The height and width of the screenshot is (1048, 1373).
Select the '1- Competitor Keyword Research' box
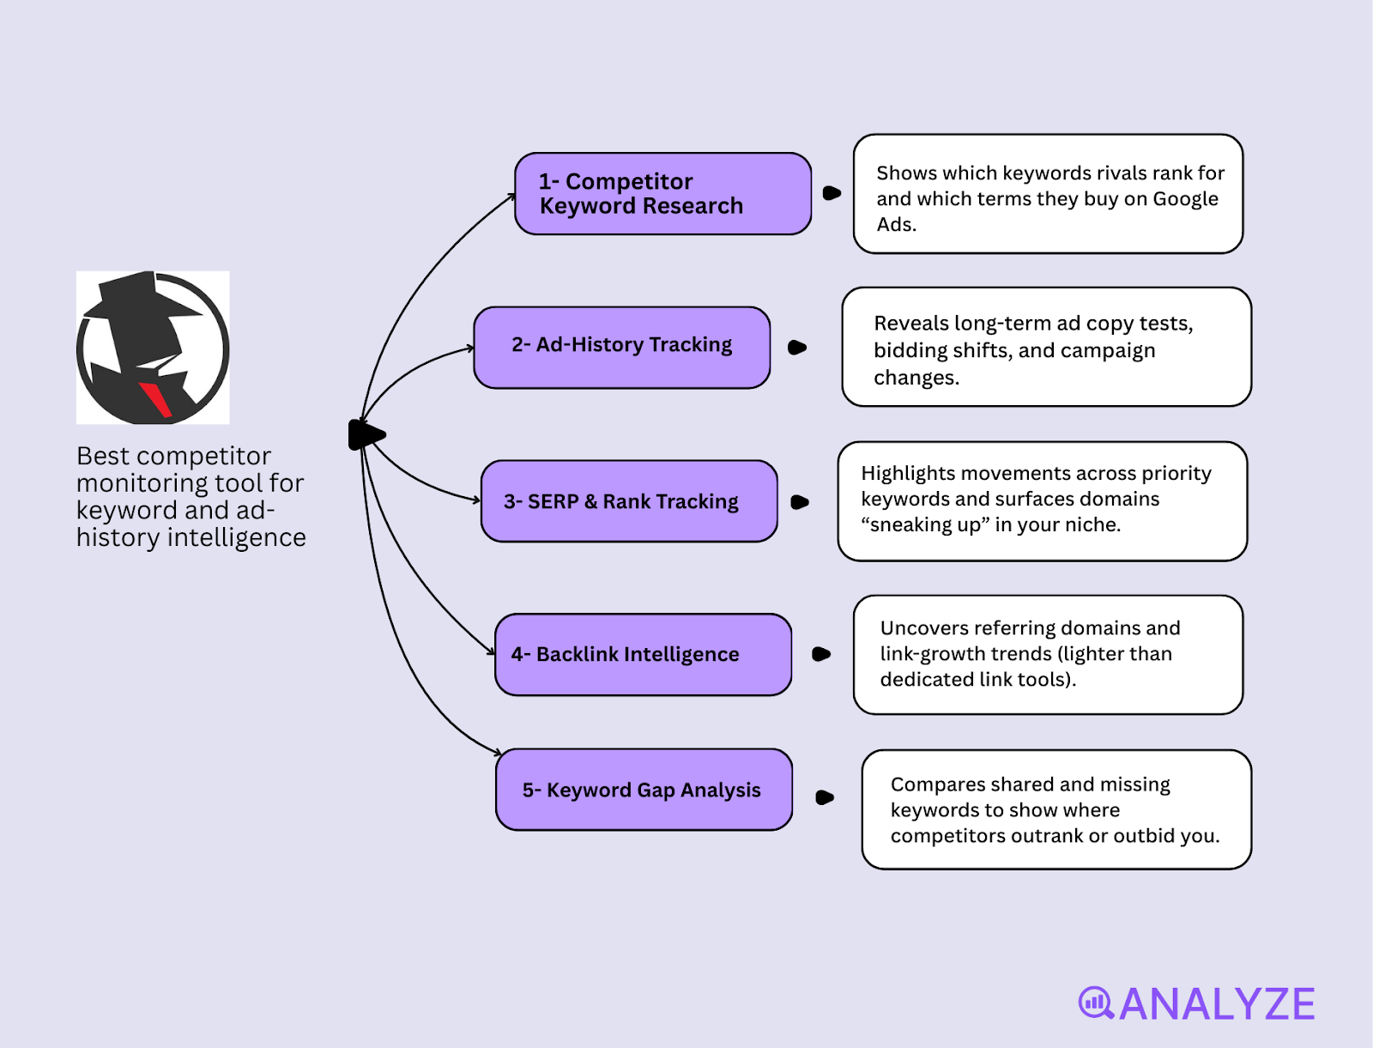662,194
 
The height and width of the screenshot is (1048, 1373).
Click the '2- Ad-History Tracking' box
621,347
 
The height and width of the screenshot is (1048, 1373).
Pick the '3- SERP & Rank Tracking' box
629,501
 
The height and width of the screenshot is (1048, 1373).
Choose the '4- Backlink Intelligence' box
643,654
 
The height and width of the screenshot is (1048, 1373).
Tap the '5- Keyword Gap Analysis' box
644,790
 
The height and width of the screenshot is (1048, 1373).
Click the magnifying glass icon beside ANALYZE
1096,1003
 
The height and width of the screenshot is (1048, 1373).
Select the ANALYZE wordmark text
1217,1004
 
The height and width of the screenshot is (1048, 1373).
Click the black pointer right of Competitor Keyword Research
832,193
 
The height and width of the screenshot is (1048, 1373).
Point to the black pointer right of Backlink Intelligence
820,654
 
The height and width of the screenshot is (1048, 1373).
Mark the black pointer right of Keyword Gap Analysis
825,797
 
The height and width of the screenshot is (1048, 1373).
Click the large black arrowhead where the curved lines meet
366,435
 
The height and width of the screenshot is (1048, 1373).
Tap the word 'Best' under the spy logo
102,456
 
